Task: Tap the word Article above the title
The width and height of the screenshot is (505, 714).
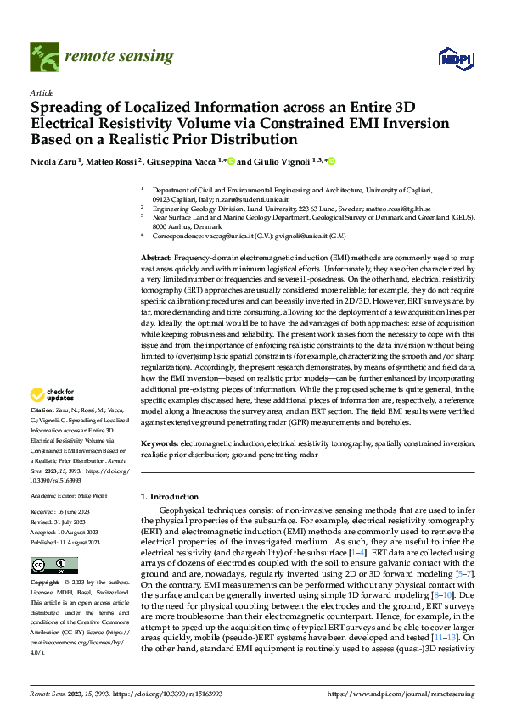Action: (x=42, y=92)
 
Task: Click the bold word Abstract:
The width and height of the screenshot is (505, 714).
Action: (x=157, y=256)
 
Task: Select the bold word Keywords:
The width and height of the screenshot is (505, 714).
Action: (x=160, y=443)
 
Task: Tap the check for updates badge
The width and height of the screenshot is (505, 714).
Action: (x=53, y=394)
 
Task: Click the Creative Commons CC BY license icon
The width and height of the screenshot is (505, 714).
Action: (x=53, y=565)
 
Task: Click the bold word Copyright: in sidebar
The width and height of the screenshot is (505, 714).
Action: (x=46, y=583)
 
